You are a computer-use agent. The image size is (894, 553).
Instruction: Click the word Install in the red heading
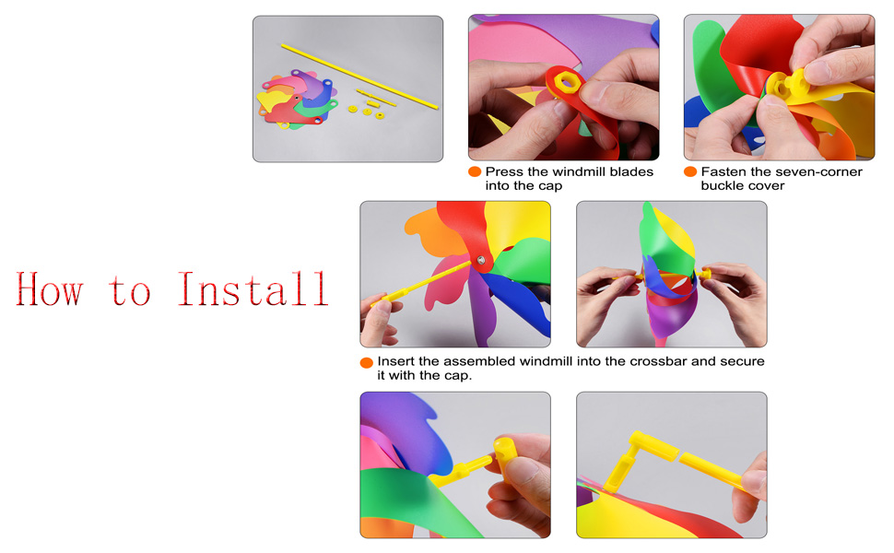(x=253, y=288)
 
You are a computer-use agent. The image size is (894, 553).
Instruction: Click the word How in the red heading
(x=50, y=289)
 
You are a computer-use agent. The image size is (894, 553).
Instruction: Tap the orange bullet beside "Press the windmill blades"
(x=475, y=171)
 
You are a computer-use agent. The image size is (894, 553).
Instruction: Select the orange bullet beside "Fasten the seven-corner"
(x=690, y=171)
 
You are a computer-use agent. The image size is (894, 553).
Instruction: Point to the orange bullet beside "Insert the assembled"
(x=367, y=362)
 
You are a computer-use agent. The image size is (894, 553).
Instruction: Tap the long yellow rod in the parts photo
(x=359, y=76)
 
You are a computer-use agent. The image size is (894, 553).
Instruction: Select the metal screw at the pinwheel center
(x=480, y=261)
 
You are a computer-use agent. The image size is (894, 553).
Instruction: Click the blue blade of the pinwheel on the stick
(x=518, y=301)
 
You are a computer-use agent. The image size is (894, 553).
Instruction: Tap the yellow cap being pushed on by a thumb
(x=504, y=452)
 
